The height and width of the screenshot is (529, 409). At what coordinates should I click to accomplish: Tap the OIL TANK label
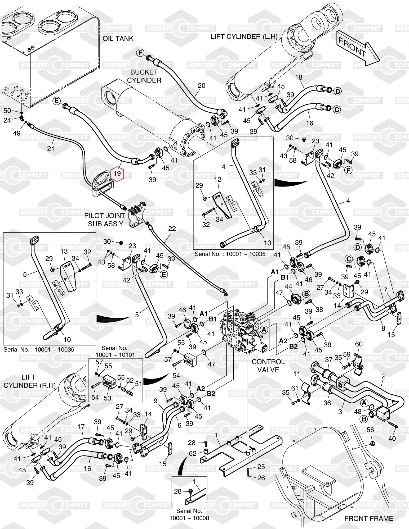pos(118,38)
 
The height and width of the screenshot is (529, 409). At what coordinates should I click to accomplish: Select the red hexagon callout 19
pos(117,174)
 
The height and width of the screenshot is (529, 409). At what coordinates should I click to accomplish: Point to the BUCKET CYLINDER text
pos(144,76)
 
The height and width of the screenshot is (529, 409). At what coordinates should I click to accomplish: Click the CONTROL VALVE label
pos(268,366)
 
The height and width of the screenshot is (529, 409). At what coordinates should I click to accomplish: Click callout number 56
pos(370,430)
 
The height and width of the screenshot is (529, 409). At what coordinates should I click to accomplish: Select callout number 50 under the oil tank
pos(7,111)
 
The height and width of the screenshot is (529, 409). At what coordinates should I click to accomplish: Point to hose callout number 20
pos(202,85)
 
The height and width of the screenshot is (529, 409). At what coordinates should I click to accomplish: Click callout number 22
pos(172,229)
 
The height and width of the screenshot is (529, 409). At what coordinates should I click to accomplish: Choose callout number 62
pos(193,453)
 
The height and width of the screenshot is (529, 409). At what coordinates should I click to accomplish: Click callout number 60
pos(359,344)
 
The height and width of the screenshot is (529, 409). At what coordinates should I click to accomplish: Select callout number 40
pos(392,438)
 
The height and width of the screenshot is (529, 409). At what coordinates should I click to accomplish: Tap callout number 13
pos(64,251)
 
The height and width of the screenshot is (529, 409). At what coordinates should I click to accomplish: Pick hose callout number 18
pos(299,77)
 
